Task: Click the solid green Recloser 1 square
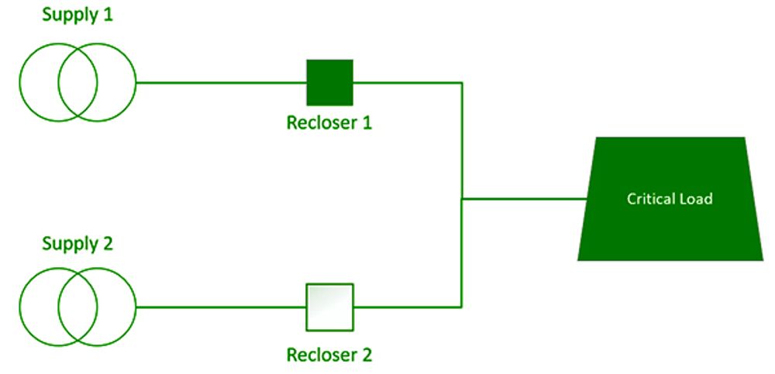point(330,82)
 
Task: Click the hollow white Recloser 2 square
point(330,307)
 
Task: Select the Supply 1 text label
point(77,16)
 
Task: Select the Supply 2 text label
point(77,244)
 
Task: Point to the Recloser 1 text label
point(329,123)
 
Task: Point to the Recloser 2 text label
point(329,355)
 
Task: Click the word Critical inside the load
point(649,199)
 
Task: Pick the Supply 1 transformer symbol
point(77,82)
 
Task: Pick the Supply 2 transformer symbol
point(77,307)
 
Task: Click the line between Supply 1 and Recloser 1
point(221,82)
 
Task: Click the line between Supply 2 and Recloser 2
point(221,307)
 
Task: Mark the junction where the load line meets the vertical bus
point(462,199)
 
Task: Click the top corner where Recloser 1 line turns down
point(462,82)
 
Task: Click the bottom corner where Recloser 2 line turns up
point(462,307)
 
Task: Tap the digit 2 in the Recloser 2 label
point(367,355)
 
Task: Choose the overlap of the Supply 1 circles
point(77,82)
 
